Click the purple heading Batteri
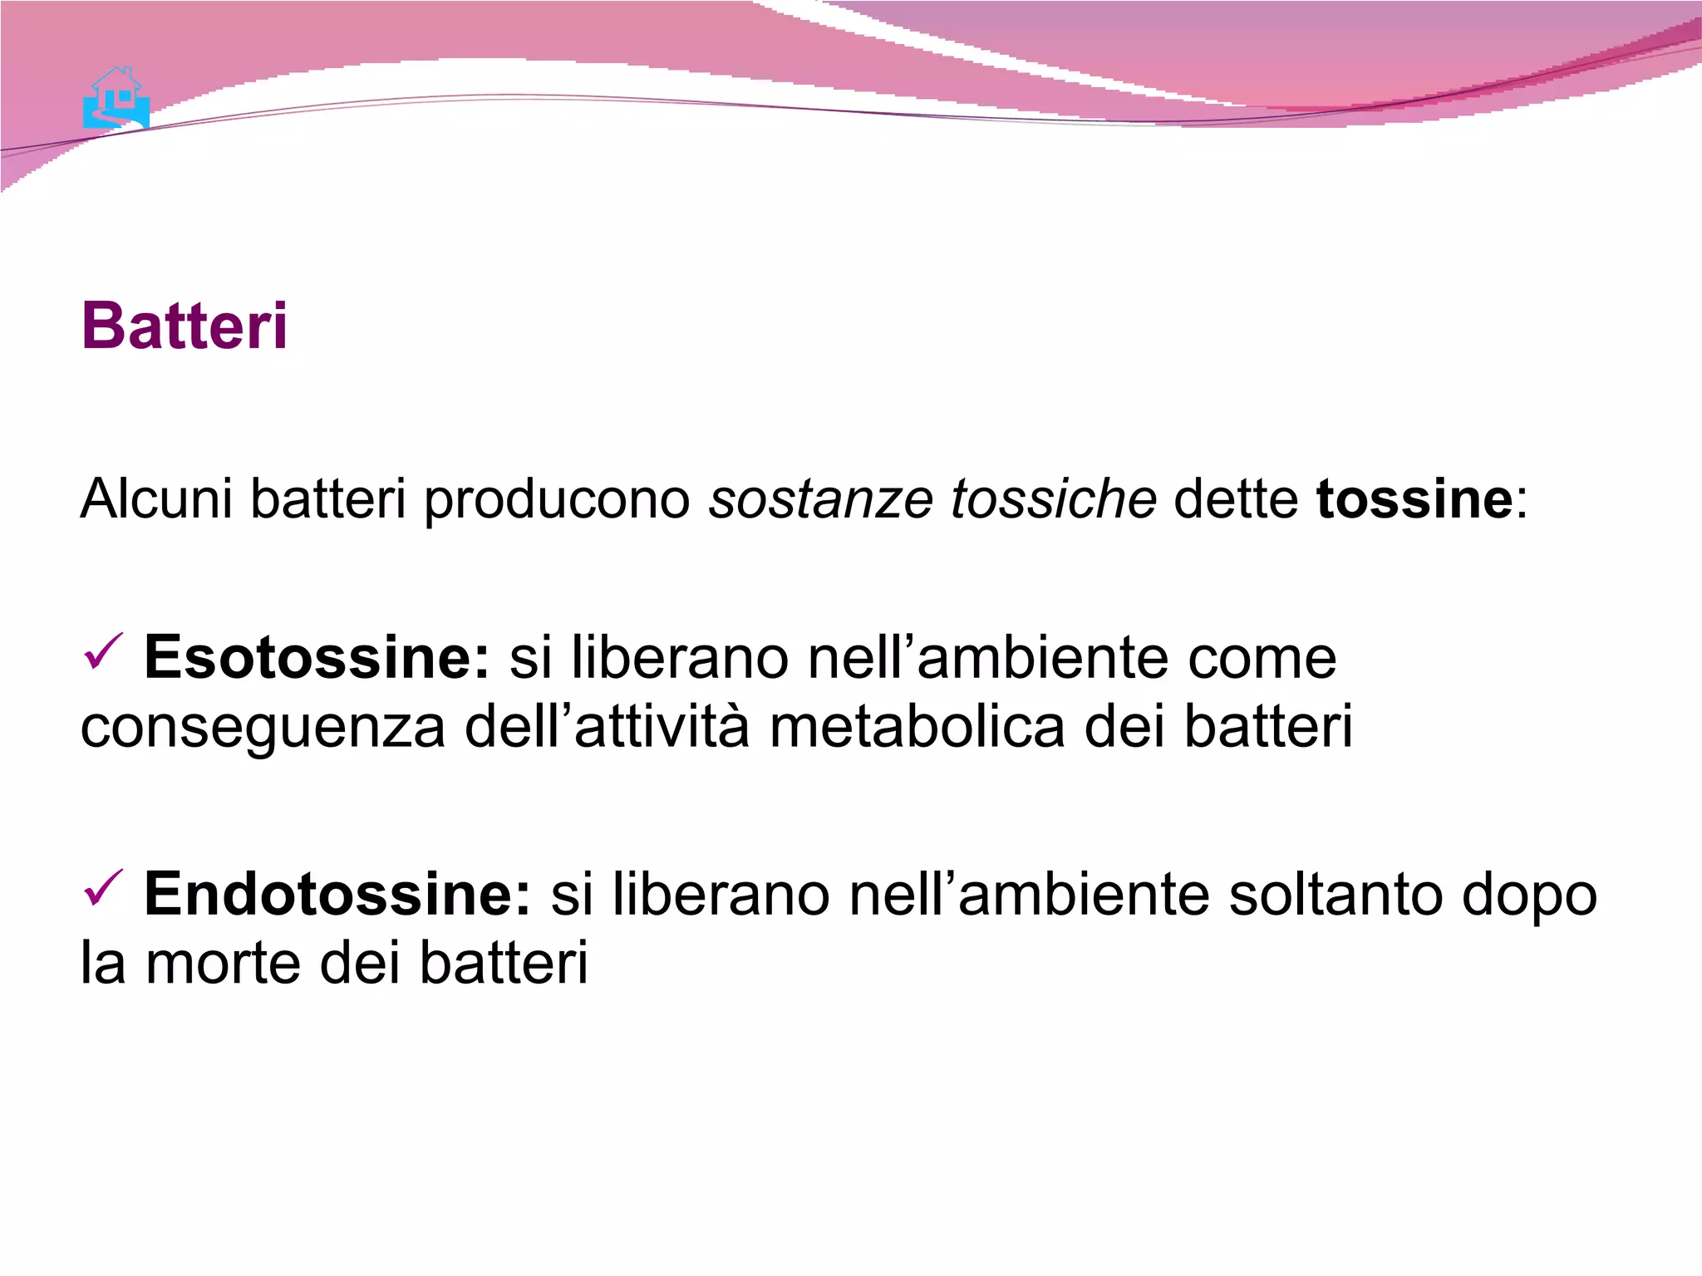(x=184, y=326)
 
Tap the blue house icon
(x=116, y=99)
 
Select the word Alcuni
(x=155, y=498)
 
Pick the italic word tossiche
(x=1053, y=498)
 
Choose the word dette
(x=1235, y=498)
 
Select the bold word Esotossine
(x=317, y=657)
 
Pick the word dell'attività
(x=607, y=726)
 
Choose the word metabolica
(x=917, y=726)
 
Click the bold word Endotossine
(x=337, y=894)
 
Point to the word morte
(x=223, y=964)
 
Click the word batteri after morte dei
(x=503, y=964)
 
